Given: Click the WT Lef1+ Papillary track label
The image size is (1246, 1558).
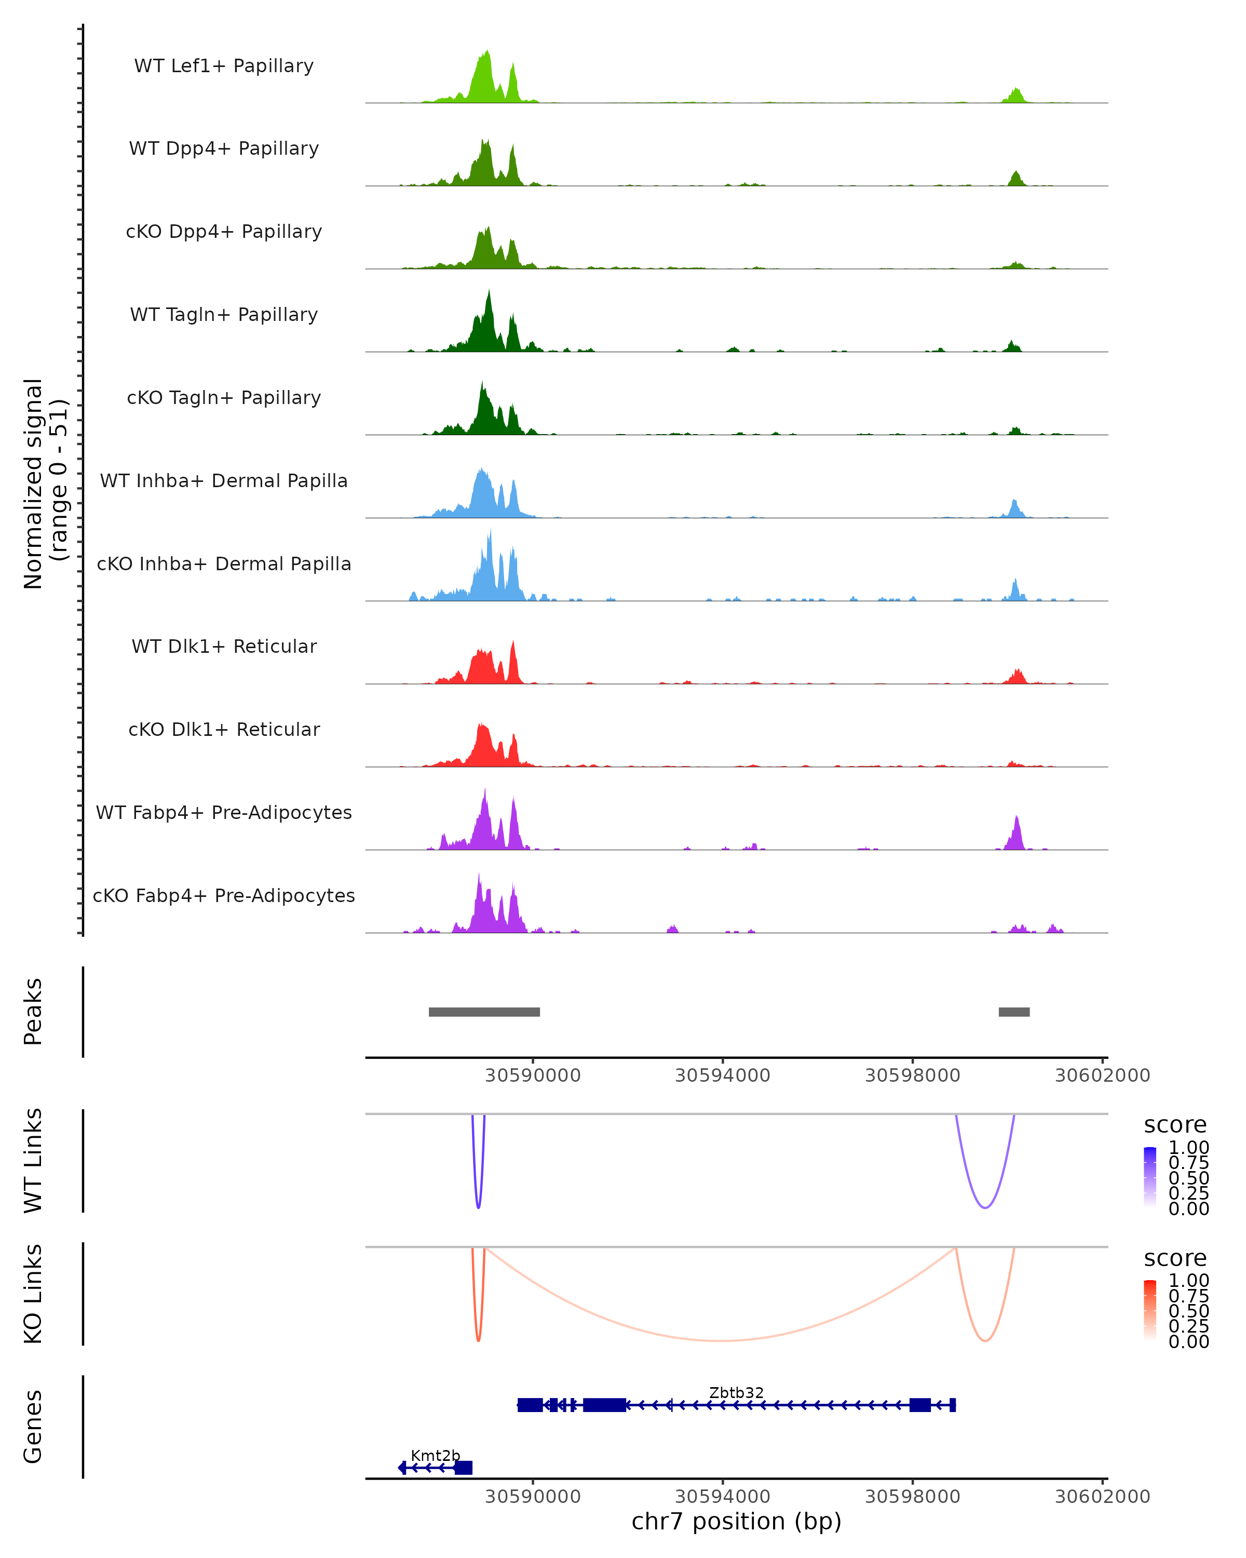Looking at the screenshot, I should (224, 66).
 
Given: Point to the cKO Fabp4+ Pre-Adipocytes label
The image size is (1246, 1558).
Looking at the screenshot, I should (224, 895).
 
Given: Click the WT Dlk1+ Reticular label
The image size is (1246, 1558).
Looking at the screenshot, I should (224, 646).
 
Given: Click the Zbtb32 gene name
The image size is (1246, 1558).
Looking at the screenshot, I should (736, 1392).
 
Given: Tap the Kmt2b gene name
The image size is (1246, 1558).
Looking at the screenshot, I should (435, 1455).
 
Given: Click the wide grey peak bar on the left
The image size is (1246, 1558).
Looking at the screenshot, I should (484, 1012).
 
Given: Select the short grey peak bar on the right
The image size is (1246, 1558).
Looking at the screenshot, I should (1014, 1012).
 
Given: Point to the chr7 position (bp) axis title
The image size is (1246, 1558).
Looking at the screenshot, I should (736, 1521).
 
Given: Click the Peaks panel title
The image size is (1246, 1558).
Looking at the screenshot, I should (33, 1012).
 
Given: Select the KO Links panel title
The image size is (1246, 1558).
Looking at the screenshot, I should (33, 1294).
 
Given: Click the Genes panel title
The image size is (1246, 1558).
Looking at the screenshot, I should (33, 1427).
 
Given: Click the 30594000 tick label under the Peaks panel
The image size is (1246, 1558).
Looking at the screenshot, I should (722, 1076).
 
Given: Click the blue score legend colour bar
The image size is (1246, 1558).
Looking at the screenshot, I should (1150, 1177).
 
